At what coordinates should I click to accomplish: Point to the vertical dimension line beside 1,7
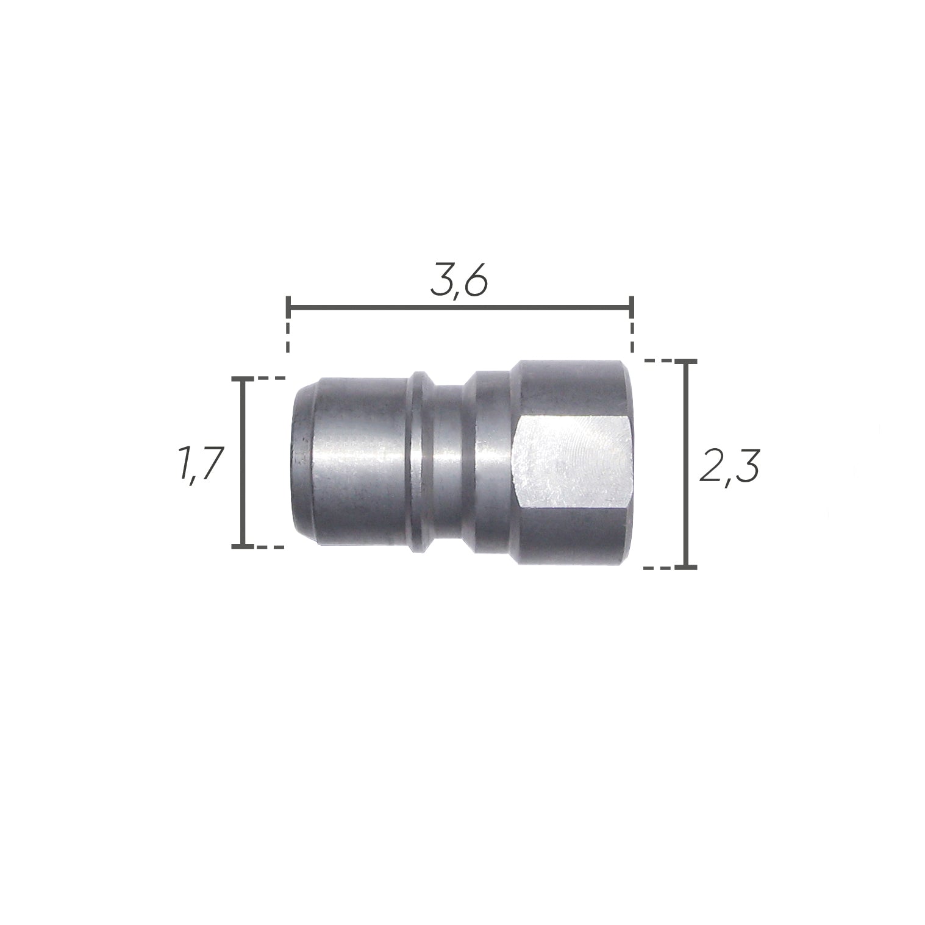tap(243, 463)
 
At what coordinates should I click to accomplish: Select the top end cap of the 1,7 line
tap(243, 379)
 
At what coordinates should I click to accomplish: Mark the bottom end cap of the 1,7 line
tap(243, 547)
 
